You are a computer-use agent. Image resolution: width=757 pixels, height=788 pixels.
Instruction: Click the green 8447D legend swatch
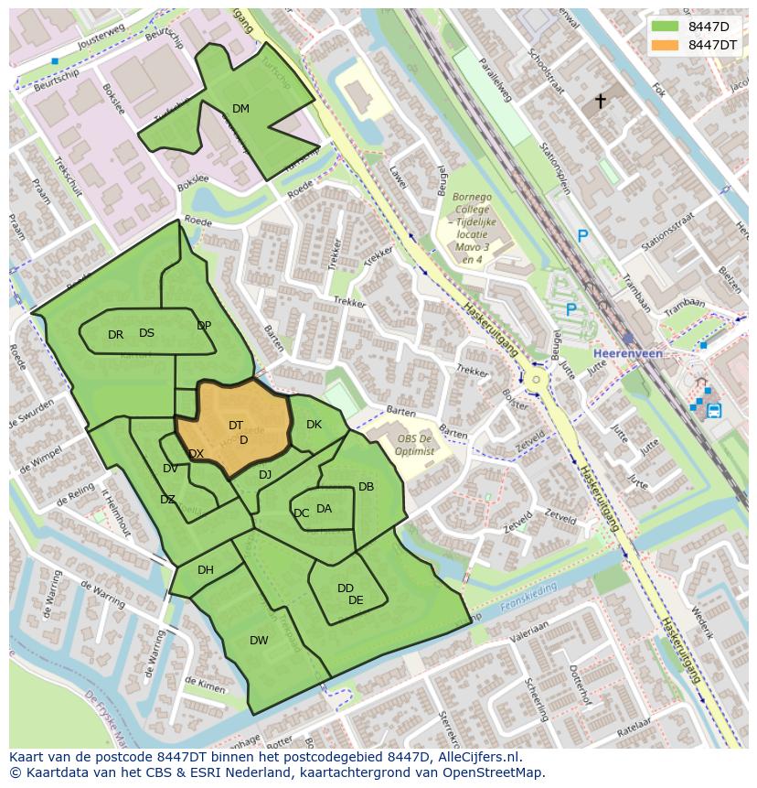[665, 27]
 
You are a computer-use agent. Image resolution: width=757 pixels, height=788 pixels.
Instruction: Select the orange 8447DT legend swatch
[665, 45]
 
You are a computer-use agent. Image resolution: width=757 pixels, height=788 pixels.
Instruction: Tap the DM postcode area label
[240, 109]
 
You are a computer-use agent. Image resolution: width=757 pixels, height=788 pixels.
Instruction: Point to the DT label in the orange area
[236, 426]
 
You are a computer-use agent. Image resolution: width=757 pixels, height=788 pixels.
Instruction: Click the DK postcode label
[314, 425]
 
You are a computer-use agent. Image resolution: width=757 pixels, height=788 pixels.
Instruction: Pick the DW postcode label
[259, 641]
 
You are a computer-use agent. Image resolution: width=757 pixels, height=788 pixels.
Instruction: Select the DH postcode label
[206, 570]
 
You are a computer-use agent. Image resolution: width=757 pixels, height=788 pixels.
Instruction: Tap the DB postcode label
[366, 487]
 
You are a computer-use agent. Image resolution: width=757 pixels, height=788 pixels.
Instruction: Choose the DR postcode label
[115, 335]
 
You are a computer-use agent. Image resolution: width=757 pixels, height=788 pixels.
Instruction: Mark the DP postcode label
[204, 326]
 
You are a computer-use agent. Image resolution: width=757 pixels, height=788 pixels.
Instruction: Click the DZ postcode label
[167, 500]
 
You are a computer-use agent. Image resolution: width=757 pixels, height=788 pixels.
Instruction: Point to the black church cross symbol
[601, 101]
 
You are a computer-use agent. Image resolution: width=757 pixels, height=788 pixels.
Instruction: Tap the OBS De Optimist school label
[415, 444]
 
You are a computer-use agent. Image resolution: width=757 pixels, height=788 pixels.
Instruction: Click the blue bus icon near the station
[714, 410]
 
